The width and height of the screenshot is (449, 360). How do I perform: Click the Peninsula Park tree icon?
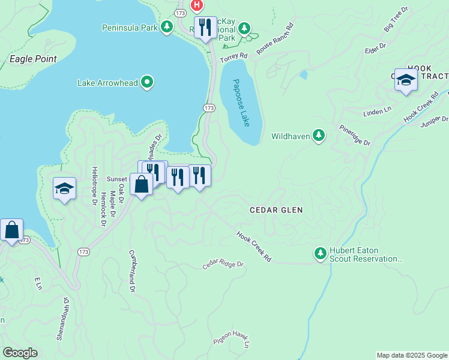tap(167, 27)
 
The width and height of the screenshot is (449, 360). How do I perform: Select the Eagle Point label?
tap(33, 59)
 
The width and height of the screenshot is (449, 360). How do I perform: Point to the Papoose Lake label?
tap(241, 103)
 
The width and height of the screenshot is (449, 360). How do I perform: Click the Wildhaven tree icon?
tap(319, 136)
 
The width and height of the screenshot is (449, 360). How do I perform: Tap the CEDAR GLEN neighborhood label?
tap(276, 210)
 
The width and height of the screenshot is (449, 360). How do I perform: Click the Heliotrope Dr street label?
tap(94, 186)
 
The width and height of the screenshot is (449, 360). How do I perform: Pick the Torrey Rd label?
tap(234, 57)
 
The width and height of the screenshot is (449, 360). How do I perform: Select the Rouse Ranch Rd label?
tap(275, 38)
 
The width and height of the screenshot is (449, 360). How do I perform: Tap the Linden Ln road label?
tap(377, 113)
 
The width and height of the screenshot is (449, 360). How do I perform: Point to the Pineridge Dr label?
tap(355, 136)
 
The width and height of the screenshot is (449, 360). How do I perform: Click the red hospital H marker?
tap(196, 5)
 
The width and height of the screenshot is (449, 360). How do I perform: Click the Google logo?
tap(20, 353)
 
